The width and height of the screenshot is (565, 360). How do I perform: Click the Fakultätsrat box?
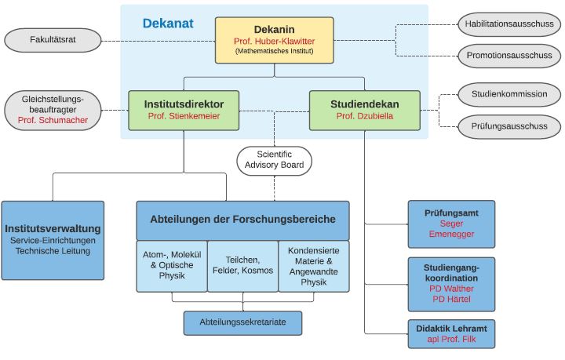tap(53, 38)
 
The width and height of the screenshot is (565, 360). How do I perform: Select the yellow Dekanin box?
tap(274, 39)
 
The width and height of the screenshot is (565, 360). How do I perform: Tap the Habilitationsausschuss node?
tap(509, 24)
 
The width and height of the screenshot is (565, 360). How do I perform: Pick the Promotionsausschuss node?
tap(509, 55)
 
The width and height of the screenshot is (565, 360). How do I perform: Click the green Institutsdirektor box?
tap(184, 109)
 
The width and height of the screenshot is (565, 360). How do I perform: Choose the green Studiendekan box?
tap(364, 109)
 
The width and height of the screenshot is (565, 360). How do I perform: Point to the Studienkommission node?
tap(509, 94)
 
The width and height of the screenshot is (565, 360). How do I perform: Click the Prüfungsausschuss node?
tap(509, 125)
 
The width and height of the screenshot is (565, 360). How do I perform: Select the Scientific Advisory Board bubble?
tap(275, 158)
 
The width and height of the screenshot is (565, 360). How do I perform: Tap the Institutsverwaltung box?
tap(53, 240)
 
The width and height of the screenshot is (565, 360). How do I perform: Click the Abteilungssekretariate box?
tap(242, 322)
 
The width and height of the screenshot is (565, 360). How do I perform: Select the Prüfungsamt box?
tap(451, 224)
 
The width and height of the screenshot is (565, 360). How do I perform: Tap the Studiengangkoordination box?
tap(451, 283)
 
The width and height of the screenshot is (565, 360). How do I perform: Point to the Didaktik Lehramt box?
tap(451, 333)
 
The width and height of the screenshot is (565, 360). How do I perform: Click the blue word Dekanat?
tap(168, 24)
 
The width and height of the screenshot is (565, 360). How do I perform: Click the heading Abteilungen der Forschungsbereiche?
tap(242, 220)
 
